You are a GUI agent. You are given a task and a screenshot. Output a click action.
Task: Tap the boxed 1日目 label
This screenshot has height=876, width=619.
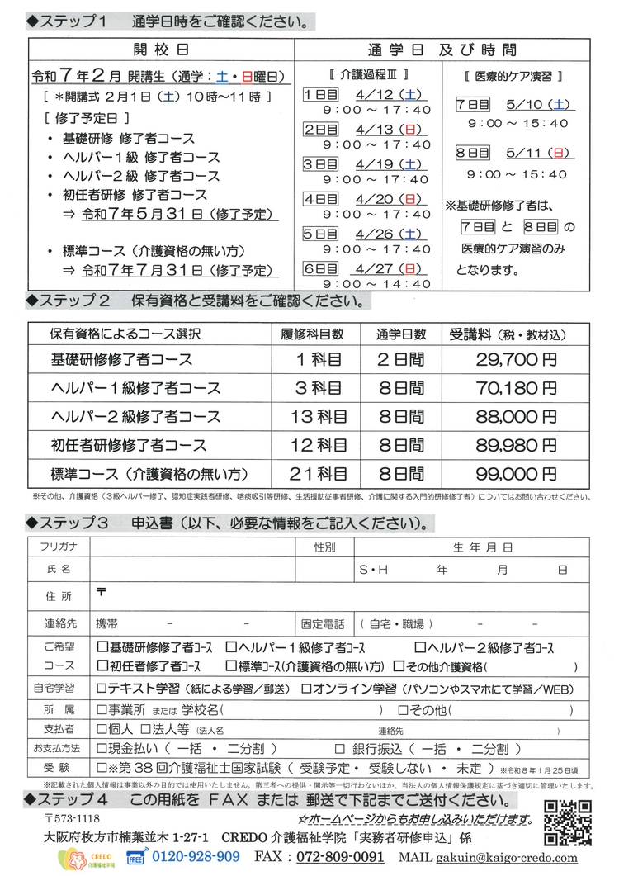pos(319,94)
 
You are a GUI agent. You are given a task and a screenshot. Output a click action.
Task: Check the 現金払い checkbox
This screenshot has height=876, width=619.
pos(102,749)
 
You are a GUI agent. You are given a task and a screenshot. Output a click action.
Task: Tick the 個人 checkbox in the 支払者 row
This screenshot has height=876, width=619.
pos(102,729)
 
